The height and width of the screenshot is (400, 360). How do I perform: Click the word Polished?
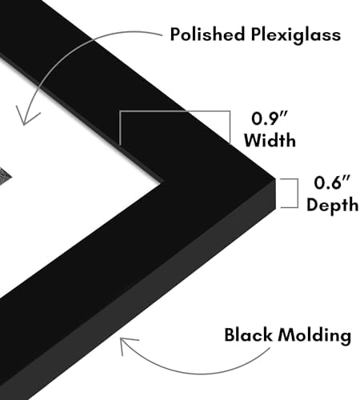[x=207, y=34]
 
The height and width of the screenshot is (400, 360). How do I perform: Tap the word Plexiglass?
[x=296, y=35]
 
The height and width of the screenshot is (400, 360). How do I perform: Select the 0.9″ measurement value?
[x=270, y=118]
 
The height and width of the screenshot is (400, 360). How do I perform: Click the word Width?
[x=270, y=139]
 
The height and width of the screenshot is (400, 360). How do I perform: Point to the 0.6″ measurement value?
[x=332, y=182]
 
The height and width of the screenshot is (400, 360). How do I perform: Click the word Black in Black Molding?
[x=248, y=334]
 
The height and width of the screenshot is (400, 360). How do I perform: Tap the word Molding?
[x=314, y=336]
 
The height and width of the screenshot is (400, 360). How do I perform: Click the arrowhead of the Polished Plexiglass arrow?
[x=26, y=118]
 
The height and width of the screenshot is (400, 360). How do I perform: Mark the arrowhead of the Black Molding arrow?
[x=126, y=344]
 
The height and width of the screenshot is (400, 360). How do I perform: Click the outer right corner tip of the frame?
[x=275, y=178]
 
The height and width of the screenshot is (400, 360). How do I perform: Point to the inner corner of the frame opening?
[x=161, y=183]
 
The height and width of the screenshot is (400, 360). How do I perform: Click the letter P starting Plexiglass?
[x=257, y=34]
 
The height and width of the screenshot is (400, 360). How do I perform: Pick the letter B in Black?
[x=230, y=334]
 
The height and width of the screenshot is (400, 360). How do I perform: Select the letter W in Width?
[x=254, y=140]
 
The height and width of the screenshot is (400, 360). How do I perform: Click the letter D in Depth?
[x=313, y=204]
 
